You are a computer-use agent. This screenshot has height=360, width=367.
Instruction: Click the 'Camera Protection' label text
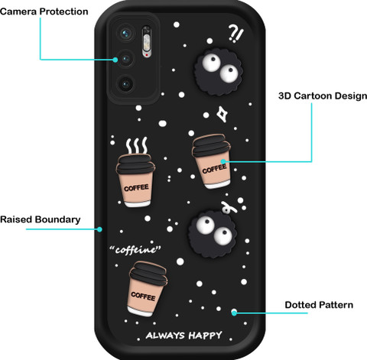(44, 11)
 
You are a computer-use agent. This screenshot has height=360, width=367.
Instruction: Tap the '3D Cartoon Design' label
(323, 96)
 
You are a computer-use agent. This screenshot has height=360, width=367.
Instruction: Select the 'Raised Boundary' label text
(41, 219)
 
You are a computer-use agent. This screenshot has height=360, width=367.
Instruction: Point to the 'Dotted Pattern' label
(319, 305)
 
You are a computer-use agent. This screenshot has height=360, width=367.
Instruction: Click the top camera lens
(125, 33)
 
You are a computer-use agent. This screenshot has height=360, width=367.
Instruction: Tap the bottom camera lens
(125, 84)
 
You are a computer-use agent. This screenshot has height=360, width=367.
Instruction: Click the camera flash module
(147, 41)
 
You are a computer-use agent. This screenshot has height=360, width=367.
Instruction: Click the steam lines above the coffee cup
(137, 145)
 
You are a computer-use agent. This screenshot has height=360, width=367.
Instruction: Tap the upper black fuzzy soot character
(218, 72)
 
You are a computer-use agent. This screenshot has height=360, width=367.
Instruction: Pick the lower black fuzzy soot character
(213, 234)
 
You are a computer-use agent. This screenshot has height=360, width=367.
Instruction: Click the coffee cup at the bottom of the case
(147, 289)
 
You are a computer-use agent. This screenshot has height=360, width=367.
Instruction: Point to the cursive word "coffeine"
(135, 249)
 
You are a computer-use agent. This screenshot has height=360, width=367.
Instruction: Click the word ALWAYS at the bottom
(165, 335)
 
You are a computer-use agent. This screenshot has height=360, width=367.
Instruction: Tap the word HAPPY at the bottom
(206, 336)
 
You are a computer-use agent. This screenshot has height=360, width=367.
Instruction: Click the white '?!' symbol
(235, 33)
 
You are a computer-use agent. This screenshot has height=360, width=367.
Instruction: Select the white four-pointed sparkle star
(222, 114)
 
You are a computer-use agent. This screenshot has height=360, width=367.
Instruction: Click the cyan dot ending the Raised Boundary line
(99, 229)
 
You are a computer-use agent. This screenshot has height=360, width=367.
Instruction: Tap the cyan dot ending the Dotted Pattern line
(234, 313)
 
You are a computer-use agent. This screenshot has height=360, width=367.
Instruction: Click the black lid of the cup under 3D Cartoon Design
(210, 145)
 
